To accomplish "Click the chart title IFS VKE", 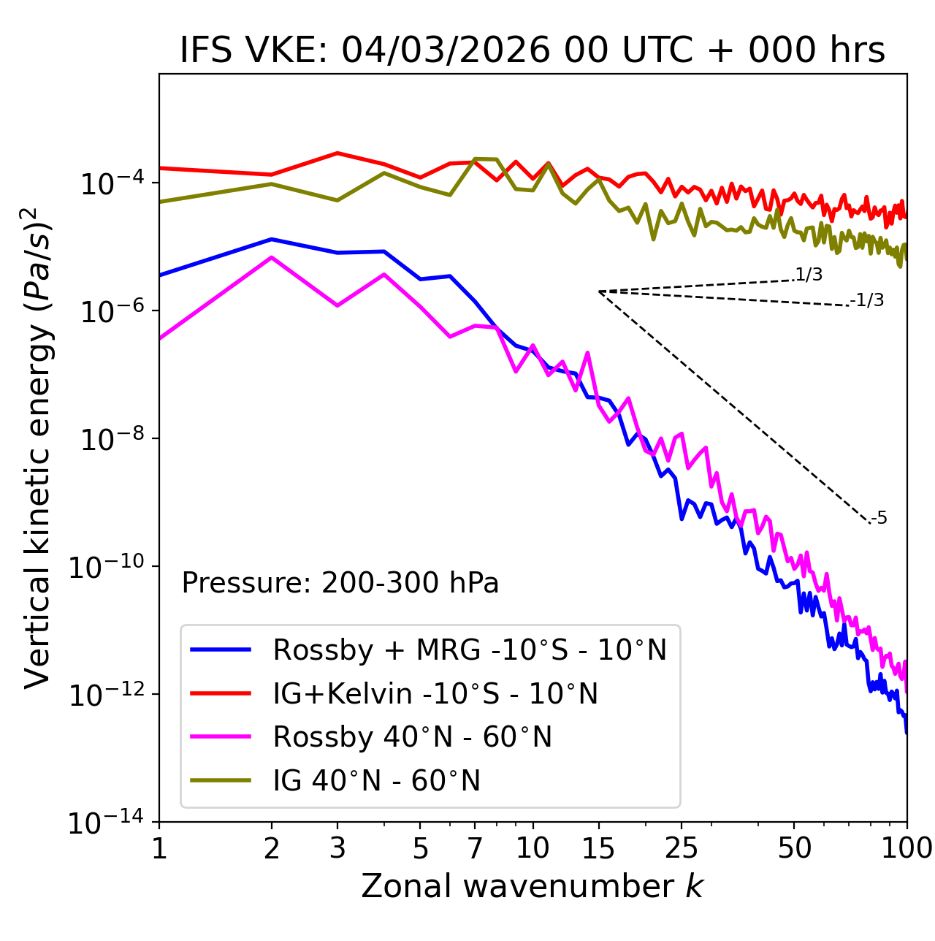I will (533, 51).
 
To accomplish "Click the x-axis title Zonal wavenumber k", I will (533, 886).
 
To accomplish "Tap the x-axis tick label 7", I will (475, 848).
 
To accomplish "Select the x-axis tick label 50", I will (794, 848).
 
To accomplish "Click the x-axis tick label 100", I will (907, 848).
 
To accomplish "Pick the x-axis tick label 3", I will (337, 848).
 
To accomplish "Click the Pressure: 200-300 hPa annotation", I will (340, 583).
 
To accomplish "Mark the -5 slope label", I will (879, 519).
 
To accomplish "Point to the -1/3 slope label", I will (868, 300).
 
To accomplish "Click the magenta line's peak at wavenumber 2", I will (272, 257).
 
